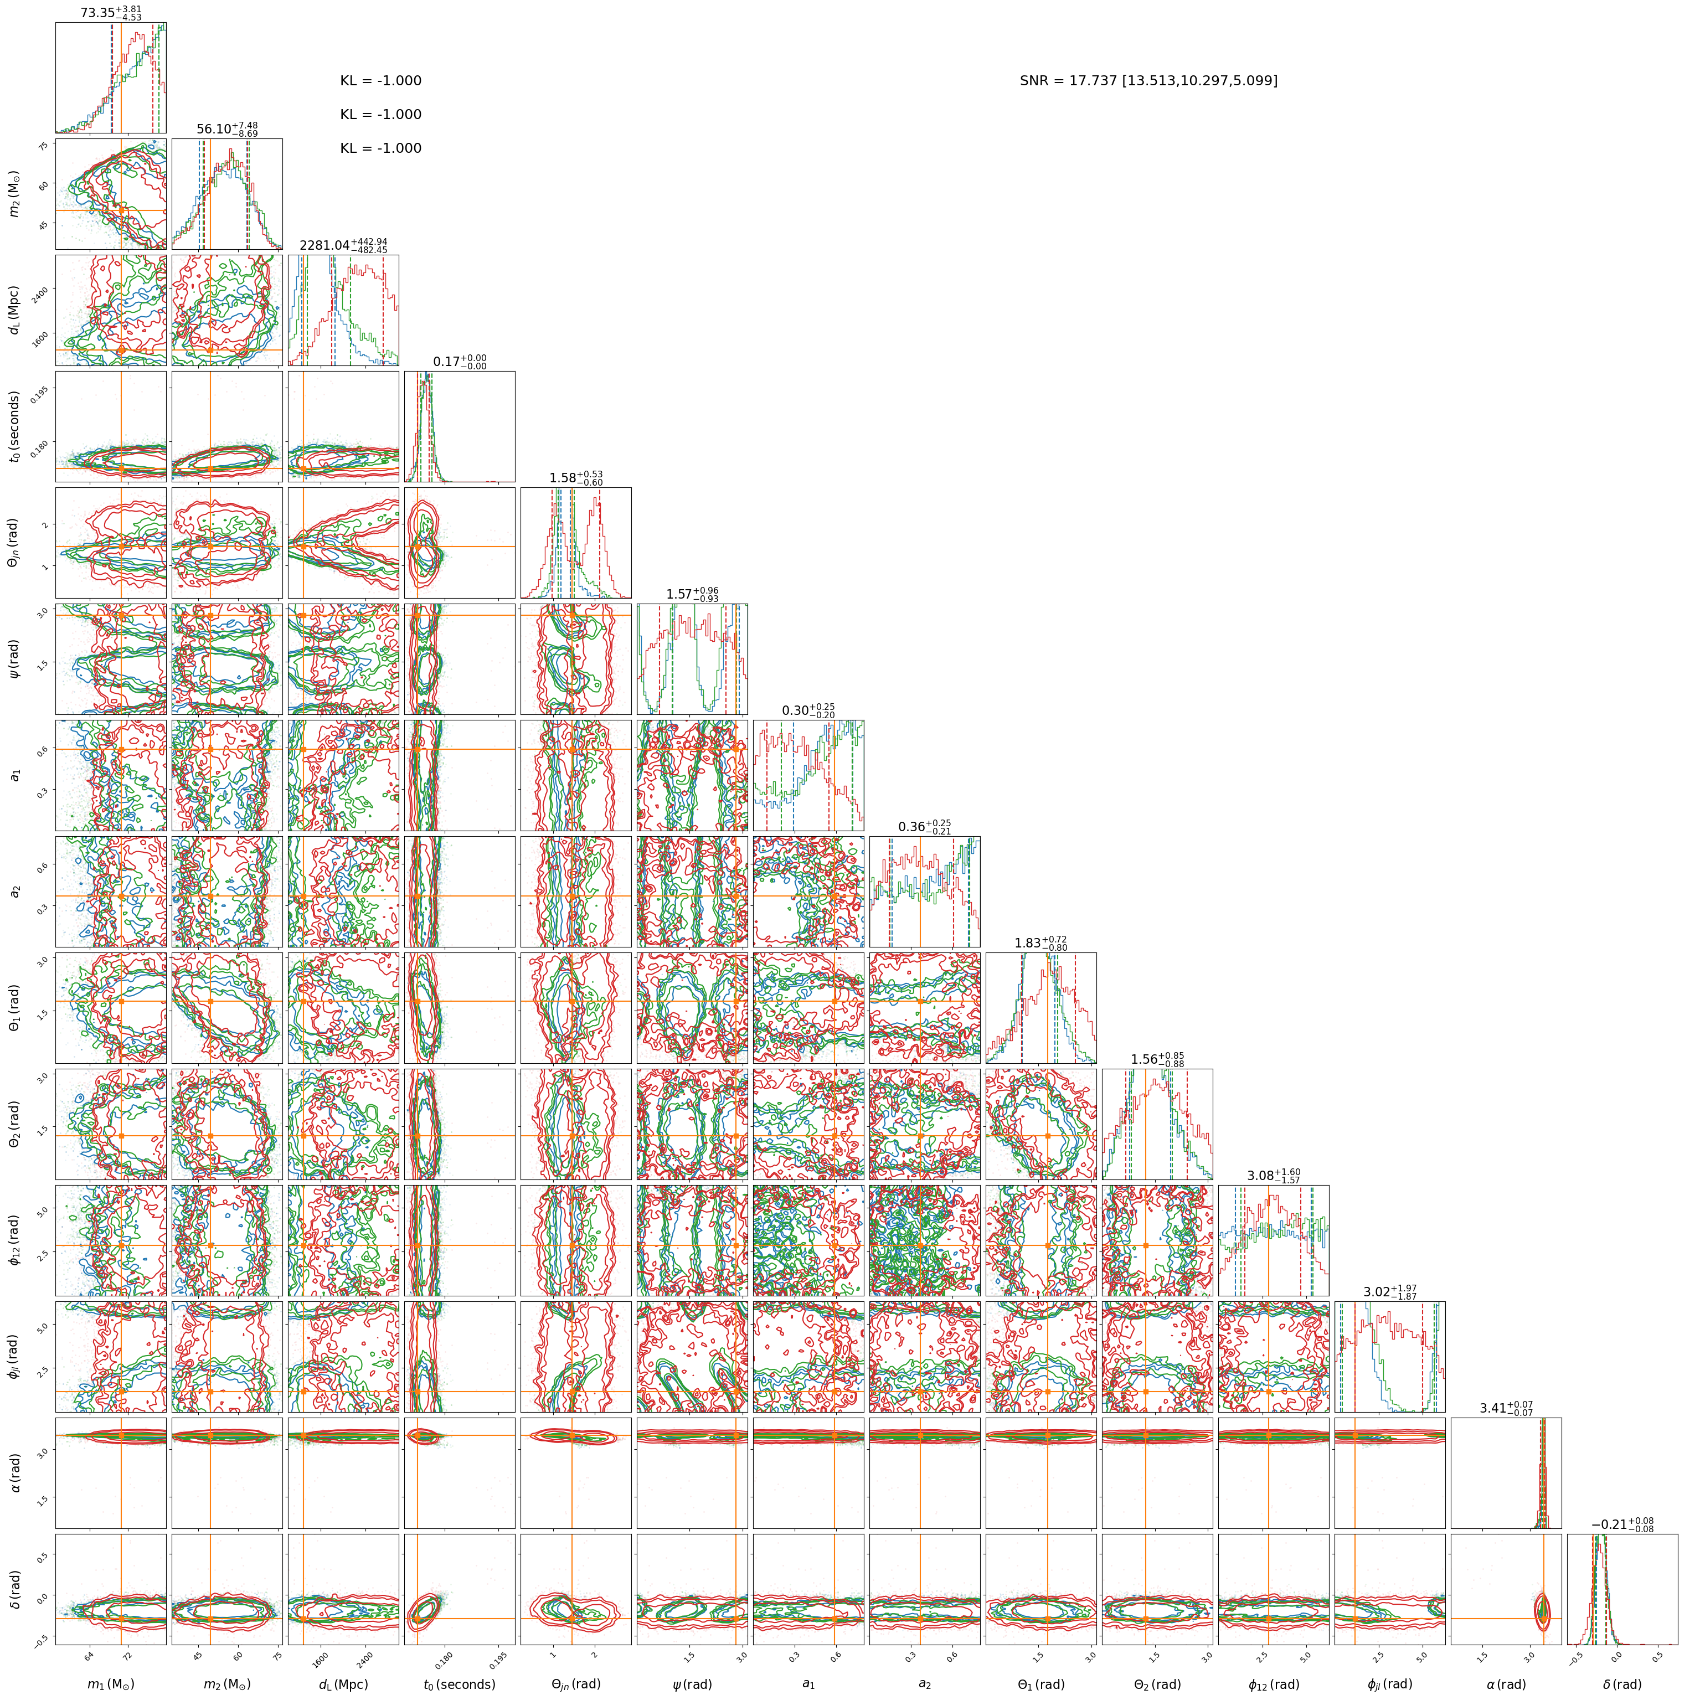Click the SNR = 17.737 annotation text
(1148, 81)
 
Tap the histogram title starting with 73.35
(111, 13)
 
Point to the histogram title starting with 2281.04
(343, 245)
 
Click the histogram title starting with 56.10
(227, 130)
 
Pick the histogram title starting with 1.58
(576, 478)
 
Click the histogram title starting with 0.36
(925, 827)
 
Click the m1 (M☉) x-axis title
(111, 1684)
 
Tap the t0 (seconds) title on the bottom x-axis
(459, 1684)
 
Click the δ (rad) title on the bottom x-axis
(1622, 1684)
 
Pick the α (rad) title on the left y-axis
(13, 1472)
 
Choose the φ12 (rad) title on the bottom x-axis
(1273, 1684)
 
